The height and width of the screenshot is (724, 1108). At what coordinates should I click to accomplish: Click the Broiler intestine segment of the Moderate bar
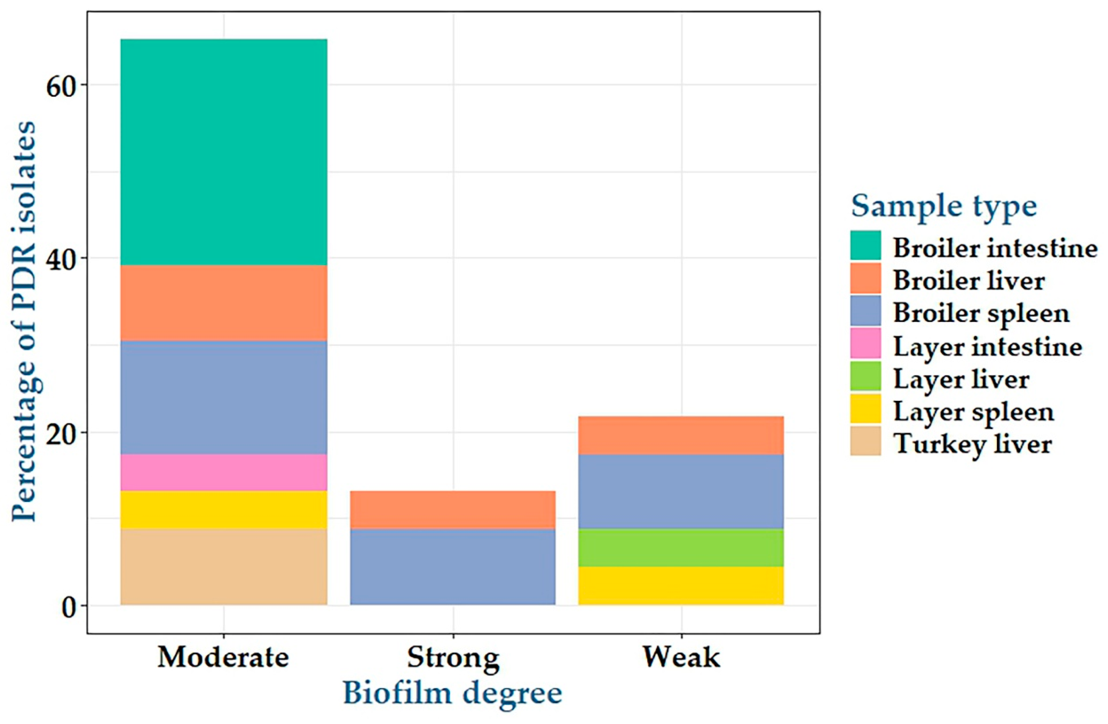coord(224,152)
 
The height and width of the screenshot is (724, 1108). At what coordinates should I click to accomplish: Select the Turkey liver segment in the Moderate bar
coord(224,567)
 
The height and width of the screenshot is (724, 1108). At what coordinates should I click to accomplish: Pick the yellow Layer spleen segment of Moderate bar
coord(224,510)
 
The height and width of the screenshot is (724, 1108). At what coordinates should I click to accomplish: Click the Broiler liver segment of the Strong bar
coord(453,510)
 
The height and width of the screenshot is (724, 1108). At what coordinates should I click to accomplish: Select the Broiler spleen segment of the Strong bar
coord(453,567)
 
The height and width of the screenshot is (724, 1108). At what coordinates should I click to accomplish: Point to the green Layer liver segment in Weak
coord(681,548)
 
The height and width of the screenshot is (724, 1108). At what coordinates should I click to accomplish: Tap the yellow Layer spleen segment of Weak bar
coord(681,586)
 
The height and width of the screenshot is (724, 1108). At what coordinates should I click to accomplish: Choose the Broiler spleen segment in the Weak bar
coord(681,491)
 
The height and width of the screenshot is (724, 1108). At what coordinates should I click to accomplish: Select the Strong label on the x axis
coord(453,658)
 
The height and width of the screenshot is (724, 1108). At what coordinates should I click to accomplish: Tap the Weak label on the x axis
coord(681,658)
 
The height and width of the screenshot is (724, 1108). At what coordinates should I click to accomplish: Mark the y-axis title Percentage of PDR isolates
coord(23,321)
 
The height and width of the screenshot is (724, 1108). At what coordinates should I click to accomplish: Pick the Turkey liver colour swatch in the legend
coord(865,441)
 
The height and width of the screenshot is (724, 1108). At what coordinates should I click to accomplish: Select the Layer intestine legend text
coord(987,347)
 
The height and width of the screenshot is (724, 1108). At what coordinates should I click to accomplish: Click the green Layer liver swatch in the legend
coord(865,375)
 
